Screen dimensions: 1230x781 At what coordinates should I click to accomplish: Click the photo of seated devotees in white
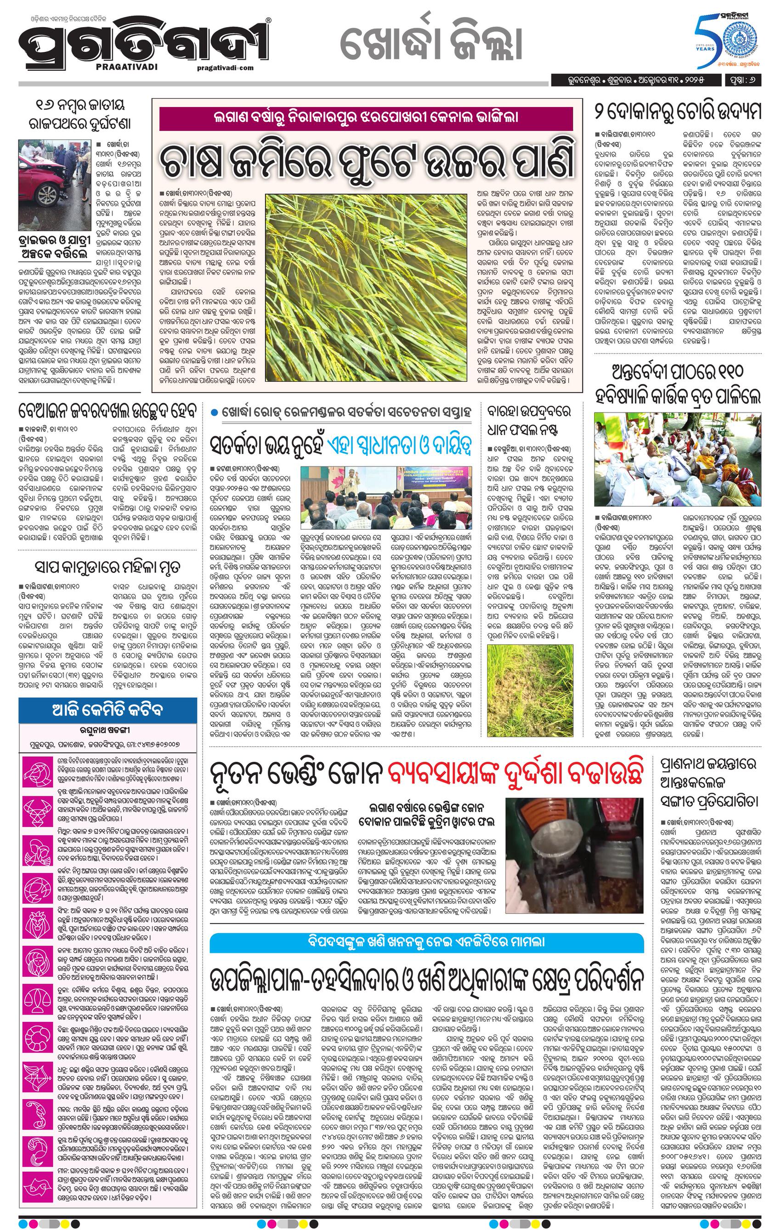pyautogui.click(x=677, y=460)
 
